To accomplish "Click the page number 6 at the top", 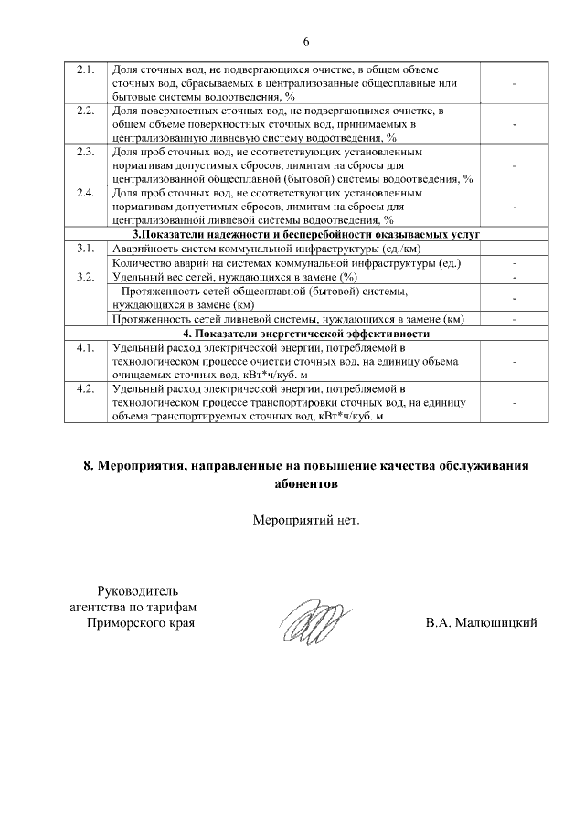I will click(306, 42).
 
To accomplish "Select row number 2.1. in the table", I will click(86, 69).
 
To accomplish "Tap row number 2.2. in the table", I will click(86, 111).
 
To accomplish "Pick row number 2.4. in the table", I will click(86, 194).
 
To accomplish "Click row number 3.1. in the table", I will click(86, 249).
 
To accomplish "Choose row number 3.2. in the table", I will click(86, 276).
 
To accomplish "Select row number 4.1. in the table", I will click(86, 348).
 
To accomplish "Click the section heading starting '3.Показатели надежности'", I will click(305, 235).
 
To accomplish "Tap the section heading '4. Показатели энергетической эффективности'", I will click(305, 334).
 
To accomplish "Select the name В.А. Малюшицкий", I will click(480, 623).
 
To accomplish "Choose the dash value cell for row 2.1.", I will click(515, 83).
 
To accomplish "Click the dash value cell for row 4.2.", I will click(515, 402).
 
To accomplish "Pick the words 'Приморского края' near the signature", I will click(141, 623).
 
